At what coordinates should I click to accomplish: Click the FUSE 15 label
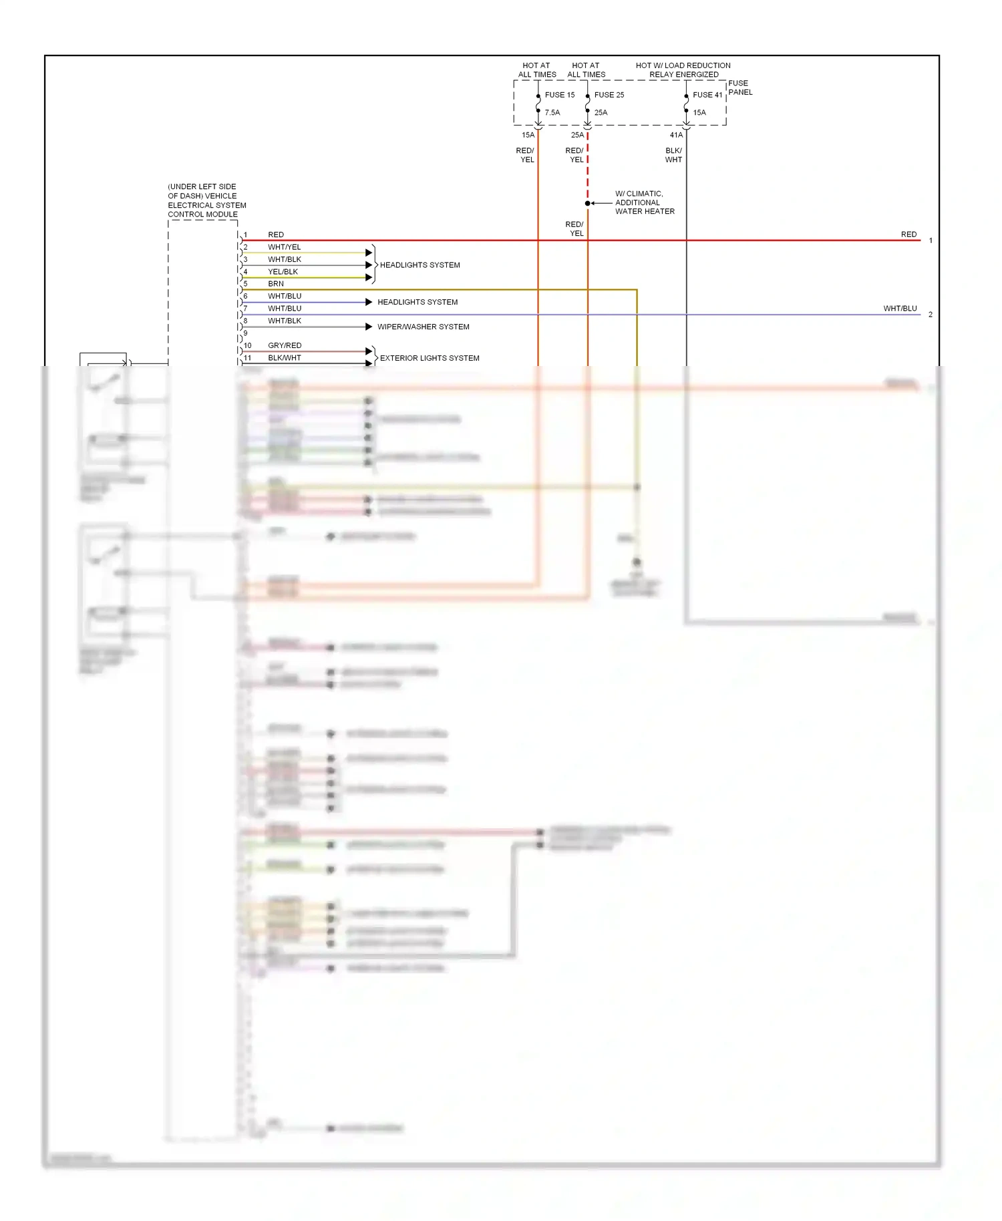(x=560, y=95)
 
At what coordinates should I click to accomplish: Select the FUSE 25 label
(x=609, y=95)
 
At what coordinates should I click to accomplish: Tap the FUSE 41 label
(x=707, y=95)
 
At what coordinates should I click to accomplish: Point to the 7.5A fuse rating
(x=552, y=113)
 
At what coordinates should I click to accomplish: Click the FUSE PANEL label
(x=740, y=88)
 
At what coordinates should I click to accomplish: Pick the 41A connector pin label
(x=676, y=135)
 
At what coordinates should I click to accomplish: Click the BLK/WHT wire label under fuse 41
(x=673, y=155)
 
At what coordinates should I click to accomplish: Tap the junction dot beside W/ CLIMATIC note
(x=588, y=203)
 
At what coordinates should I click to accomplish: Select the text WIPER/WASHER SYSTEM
(x=424, y=327)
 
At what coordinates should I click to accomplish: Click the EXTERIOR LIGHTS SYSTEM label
(x=430, y=358)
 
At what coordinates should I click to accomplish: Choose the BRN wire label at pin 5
(x=276, y=284)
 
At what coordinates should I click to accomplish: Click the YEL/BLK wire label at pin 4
(x=283, y=272)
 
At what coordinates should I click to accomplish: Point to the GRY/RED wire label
(x=285, y=345)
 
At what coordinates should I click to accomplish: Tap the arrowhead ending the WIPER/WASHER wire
(x=369, y=327)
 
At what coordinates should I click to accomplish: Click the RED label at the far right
(x=908, y=234)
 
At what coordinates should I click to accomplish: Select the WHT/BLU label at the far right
(x=900, y=309)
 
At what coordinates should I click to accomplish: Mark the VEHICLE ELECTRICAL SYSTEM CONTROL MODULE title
(x=206, y=200)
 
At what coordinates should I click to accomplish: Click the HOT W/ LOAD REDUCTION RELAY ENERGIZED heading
(x=683, y=70)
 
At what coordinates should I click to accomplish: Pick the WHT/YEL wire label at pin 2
(x=285, y=247)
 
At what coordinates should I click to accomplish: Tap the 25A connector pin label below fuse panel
(x=577, y=135)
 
